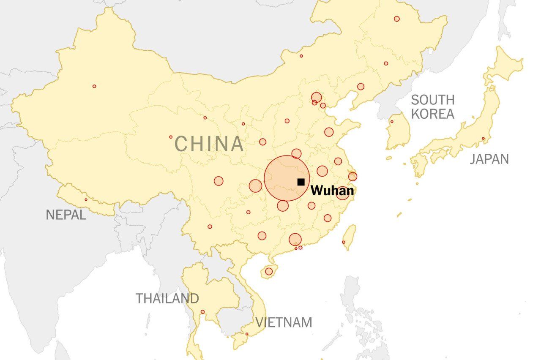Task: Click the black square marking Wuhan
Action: (x=301, y=182)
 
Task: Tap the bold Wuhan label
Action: (x=332, y=191)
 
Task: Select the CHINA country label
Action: (x=210, y=144)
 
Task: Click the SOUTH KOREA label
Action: (x=432, y=107)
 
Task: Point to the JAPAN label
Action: (x=489, y=159)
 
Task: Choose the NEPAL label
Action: (x=66, y=215)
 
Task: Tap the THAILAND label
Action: (x=167, y=298)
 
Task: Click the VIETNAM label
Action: (x=284, y=322)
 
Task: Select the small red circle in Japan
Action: (x=483, y=138)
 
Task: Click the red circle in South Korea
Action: (x=391, y=122)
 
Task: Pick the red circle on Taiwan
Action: (x=344, y=242)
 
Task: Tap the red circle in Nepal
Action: (x=86, y=199)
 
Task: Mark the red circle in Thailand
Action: (x=202, y=312)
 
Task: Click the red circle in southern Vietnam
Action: (x=247, y=334)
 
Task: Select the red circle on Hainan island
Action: (x=269, y=271)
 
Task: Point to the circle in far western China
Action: (x=94, y=86)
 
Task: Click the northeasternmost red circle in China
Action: (x=396, y=19)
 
